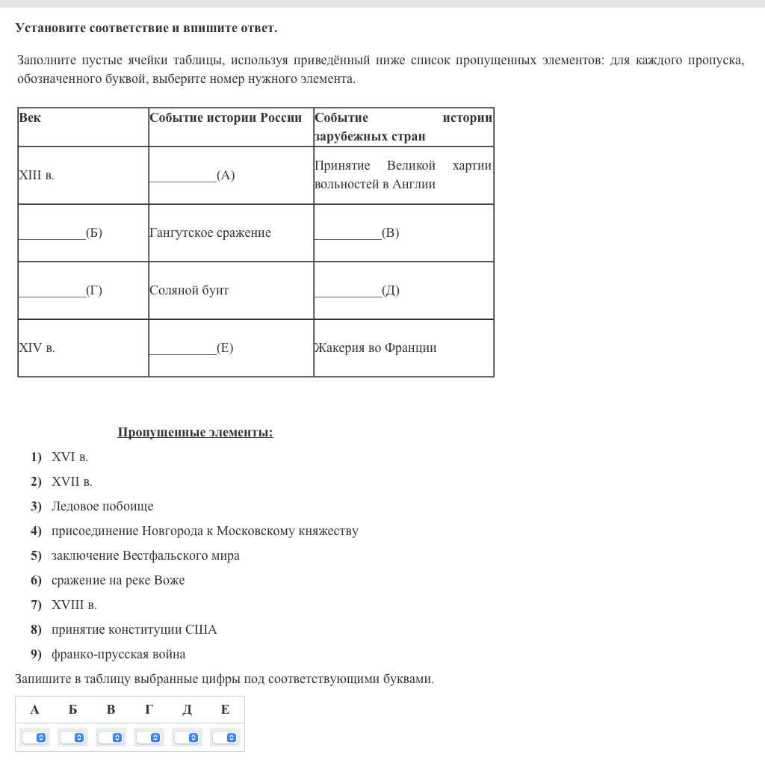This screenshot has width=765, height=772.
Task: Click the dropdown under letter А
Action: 35,738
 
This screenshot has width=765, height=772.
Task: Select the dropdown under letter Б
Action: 73,738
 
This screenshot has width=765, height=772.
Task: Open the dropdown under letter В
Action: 111,738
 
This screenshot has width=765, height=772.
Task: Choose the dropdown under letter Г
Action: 149,738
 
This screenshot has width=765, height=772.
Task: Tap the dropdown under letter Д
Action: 188,738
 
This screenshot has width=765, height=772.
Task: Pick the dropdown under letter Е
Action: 226,738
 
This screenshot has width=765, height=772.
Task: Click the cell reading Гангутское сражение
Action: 210,233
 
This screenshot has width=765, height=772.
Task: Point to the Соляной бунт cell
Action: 189,291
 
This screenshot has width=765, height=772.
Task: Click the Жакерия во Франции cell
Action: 376,348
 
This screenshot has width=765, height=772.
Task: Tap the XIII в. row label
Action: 37,176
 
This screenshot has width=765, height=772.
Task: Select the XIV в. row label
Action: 37,348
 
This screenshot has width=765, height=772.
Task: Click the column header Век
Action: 30,118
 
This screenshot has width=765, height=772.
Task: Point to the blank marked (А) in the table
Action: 192,176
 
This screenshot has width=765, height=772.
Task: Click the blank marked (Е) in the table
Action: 191,348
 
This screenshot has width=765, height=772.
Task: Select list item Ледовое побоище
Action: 102,507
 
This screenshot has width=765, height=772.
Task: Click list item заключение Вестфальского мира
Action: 146,556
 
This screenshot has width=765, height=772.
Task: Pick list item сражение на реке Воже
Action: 118,581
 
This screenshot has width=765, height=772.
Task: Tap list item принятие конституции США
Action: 134,630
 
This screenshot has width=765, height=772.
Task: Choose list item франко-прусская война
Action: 119,655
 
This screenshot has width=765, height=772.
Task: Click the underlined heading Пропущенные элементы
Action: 195,433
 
